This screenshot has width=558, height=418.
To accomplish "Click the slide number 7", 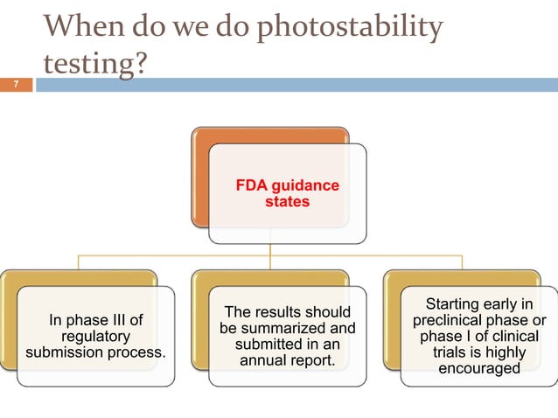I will [15, 86].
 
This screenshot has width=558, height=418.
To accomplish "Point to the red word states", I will [288, 202].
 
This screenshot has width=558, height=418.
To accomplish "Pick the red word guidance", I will [306, 186].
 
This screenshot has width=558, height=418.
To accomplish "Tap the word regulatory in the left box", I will [95, 336].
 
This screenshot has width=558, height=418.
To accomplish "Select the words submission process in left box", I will [95, 352].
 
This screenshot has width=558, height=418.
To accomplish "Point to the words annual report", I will [287, 360].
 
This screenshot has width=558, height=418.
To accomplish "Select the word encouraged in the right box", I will [478, 368].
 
